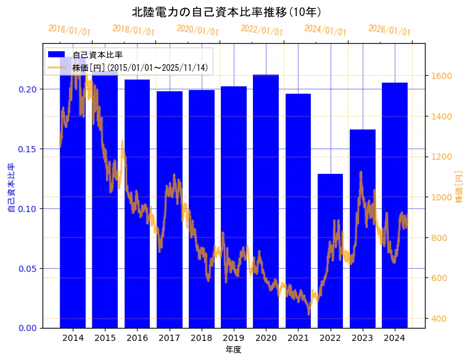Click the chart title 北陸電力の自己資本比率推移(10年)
[x=226, y=12]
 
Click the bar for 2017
[x=170, y=210]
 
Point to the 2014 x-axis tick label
[x=73, y=337]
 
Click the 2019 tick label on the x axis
[x=234, y=337]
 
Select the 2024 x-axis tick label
[x=394, y=337]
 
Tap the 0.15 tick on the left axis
[x=27, y=149]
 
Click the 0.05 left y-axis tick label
[x=27, y=268]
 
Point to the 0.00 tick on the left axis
[x=27, y=328]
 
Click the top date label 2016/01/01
[x=69, y=30]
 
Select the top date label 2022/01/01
[x=262, y=30]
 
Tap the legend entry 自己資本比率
[x=97, y=55]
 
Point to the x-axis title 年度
[x=233, y=350]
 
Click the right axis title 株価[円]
[x=459, y=187]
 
